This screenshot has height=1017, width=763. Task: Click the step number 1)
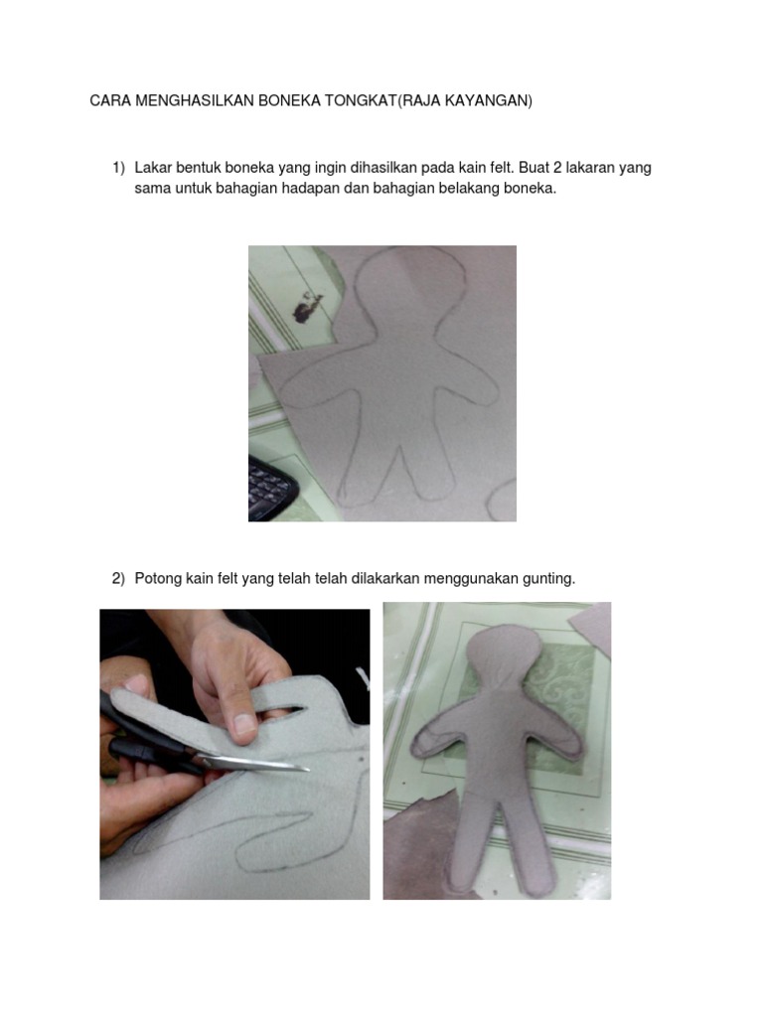click(119, 168)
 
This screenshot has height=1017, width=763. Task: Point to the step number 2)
click(119, 579)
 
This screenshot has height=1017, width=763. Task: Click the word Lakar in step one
click(153, 168)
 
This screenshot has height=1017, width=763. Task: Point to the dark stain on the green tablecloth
click(307, 307)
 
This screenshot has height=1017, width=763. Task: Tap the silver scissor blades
click(253, 763)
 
